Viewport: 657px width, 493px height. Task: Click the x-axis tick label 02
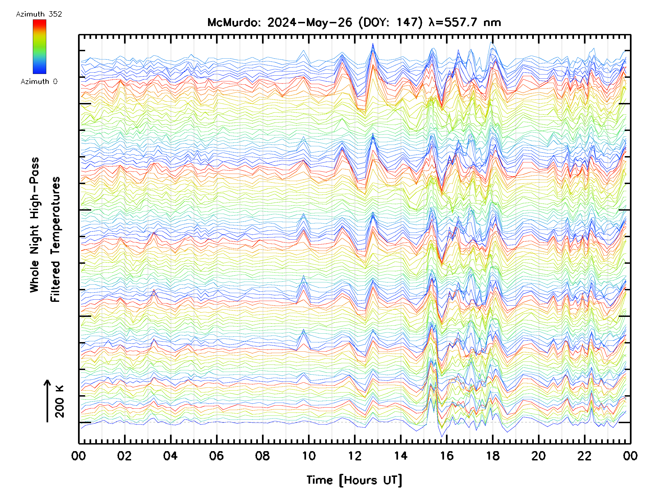pos(124,456)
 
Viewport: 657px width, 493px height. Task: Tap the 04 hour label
pos(170,456)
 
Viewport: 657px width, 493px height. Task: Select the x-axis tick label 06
pos(216,456)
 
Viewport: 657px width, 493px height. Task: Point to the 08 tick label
pos(262,456)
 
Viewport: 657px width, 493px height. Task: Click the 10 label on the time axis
pos(309,456)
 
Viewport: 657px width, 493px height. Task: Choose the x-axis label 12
pos(355,456)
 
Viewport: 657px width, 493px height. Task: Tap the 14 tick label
pos(401,456)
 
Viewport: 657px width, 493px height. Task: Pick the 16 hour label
pos(447,456)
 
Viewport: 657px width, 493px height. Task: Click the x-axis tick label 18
pos(493,456)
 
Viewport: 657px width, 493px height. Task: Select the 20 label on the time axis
pos(538,456)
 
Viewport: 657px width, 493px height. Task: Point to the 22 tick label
pos(584,456)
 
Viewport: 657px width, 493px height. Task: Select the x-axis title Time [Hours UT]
pos(354,480)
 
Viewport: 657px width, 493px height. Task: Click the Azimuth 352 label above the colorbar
pos(39,14)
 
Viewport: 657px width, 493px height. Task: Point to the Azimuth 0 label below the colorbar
pos(39,82)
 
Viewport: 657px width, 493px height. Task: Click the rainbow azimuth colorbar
pos(39,47)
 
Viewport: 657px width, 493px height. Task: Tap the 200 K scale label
pos(59,402)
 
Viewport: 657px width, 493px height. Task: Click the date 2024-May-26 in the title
pos(310,22)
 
